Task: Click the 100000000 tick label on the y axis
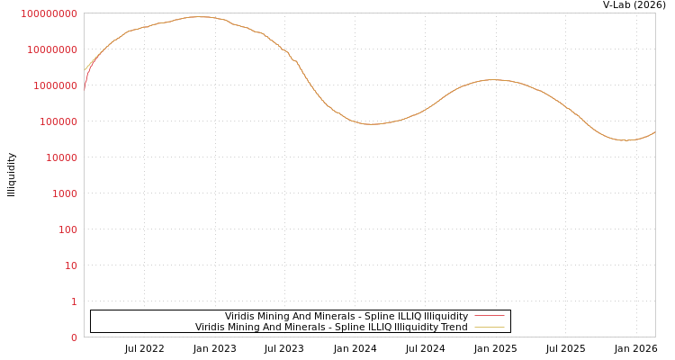click(49, 13)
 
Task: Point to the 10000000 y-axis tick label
click(51, 49)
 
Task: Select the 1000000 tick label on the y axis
click(54, 85)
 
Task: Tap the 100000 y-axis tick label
click(57, 121)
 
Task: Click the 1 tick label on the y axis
click(74, 301)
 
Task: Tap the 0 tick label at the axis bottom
click(74, 337)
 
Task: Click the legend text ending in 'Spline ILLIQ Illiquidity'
click(346, 316)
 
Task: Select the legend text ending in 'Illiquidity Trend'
click(331, 327)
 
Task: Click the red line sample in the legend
click(489, 316)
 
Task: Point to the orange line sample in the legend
click(489, 327)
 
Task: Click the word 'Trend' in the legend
click(453, 327)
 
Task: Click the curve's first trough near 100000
click(371, 124)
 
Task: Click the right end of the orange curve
click(654, 132)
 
